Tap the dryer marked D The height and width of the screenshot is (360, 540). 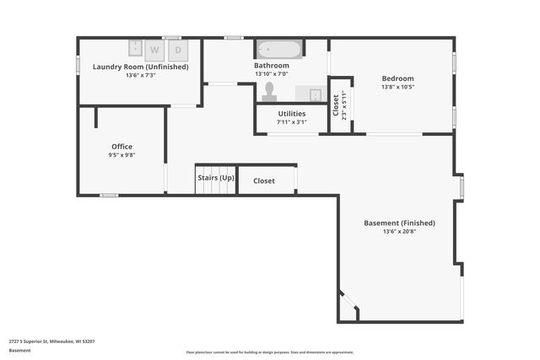click(178, 50)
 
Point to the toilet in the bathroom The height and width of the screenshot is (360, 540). click(270, 89)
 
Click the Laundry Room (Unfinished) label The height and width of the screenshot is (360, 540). click(140, 67)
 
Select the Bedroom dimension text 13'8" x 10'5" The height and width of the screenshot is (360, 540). click(397, 88)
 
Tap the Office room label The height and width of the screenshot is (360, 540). click(121, 146)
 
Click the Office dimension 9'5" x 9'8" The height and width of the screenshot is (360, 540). click(121, 155)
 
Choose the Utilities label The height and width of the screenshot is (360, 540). click(291, 113)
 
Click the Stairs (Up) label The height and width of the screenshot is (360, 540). click(215, 179)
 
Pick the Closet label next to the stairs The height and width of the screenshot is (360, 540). click(264, 180)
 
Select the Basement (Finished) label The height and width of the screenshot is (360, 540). click(399, 223)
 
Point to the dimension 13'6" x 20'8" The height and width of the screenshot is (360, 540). click(399, 232)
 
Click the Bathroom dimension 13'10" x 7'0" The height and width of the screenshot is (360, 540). click(272, 74)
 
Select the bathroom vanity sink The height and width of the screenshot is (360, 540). click(309, 94)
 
